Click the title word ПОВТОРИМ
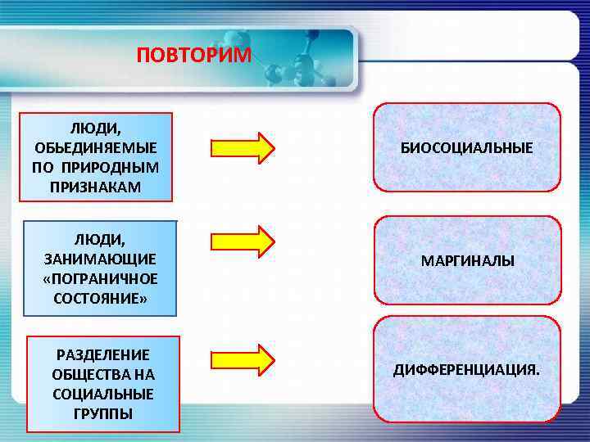click(x=194, y=55)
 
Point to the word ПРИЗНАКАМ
click(x=97, y=187)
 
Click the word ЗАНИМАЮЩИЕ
click(x=100, y=259)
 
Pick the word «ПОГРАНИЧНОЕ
click(x=100, y=278)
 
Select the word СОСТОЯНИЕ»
click(x=100, y=298)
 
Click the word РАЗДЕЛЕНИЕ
click(x=102, y=354)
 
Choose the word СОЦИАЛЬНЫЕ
click(x=102, y=394)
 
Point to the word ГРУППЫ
click(x=102, y=413)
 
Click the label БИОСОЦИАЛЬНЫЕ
click(x=466, y=148)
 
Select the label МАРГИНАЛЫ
click(x=467, y=262)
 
